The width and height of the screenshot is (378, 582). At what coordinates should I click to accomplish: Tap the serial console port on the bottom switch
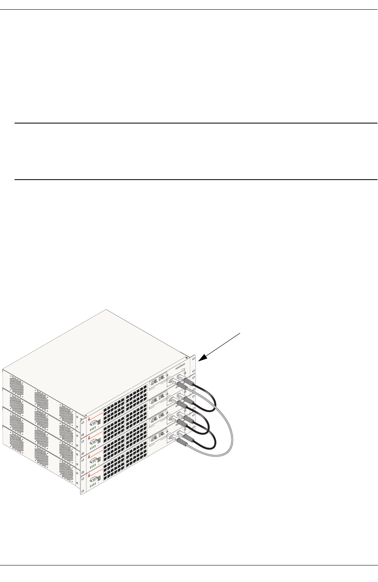[94, 479]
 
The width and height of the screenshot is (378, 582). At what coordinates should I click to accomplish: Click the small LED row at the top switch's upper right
[180, 365]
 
